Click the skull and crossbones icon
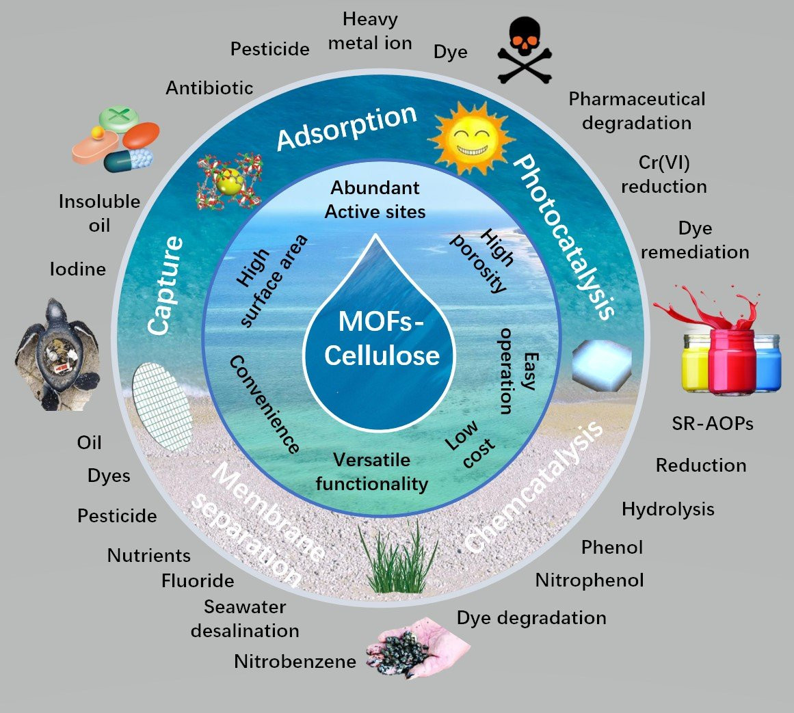(x=525, y=50)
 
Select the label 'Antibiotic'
(x=209, y=88)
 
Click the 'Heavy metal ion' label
(x=370, y=31)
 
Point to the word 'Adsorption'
(x=347, y=128)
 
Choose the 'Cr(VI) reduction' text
(x=664, y=174)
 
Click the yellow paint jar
(x=696, y=362)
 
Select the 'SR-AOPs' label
(x=713, y=423)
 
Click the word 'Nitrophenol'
(x=590, y=580)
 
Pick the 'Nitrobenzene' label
(x=295, y=661)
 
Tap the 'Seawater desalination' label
(x=245, y=619)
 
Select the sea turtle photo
(x=57, y=354)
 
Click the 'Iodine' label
(x=78, y=269)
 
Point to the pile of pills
(x=116, y=139)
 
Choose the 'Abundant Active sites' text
(x=375, y=200)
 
